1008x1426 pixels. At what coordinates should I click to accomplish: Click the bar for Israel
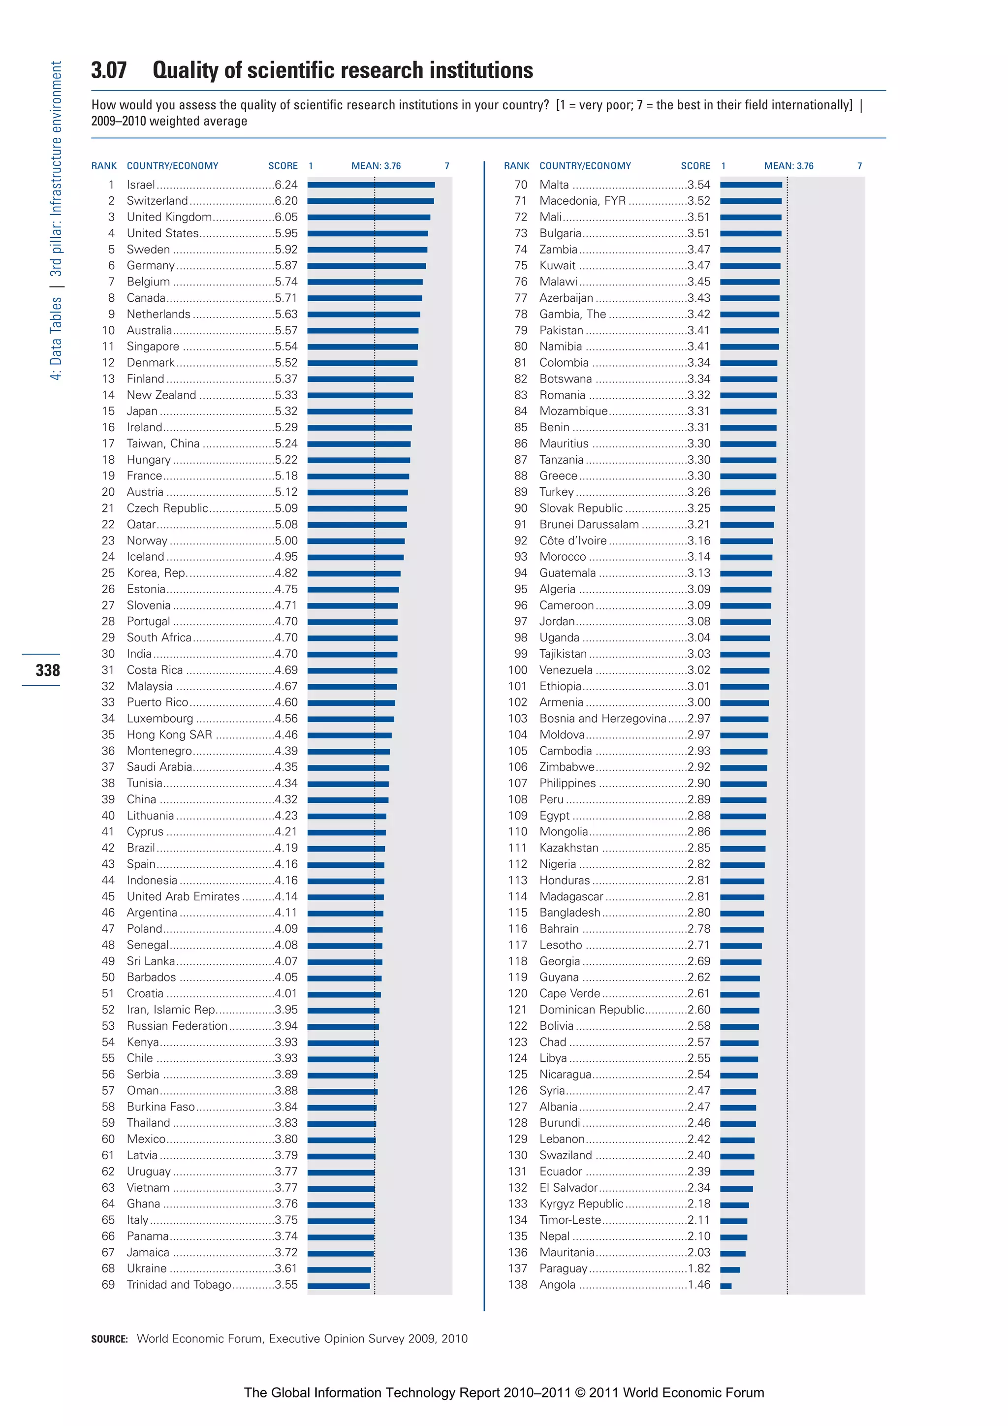371,185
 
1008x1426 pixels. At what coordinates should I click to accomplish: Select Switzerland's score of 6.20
286,201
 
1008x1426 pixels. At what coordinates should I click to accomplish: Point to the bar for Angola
725,1286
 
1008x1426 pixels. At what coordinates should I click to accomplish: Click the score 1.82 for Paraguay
699,1268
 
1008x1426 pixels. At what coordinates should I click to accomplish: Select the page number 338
48,670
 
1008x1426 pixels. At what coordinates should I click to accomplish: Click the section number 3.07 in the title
109,70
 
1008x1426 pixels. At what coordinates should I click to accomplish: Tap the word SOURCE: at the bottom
109,1339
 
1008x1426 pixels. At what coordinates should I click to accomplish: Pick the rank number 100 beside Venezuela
517,670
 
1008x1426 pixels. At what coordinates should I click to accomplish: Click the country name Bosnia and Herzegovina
602,719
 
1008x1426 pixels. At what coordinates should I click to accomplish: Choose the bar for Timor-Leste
733,1220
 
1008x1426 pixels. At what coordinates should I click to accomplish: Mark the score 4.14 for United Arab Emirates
286,897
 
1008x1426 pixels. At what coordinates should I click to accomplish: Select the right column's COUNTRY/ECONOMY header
585,166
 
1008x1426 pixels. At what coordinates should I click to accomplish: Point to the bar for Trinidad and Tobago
339,1286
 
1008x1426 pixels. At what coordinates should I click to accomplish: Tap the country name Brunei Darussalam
589,524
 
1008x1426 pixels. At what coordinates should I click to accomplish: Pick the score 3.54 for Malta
699,185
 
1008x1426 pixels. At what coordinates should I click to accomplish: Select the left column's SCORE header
283,166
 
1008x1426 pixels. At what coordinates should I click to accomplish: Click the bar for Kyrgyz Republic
734,1204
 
